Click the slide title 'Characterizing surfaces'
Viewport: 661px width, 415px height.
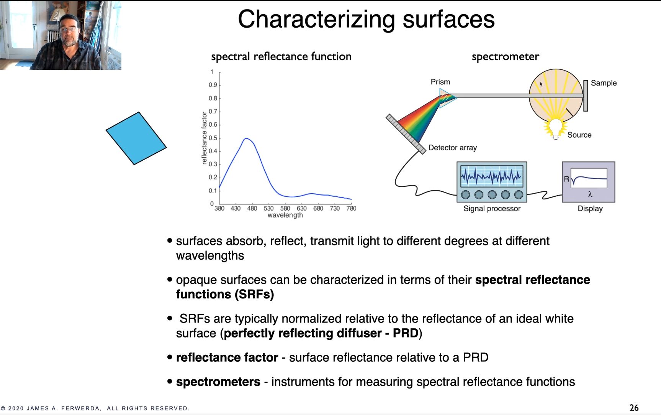point(366,19)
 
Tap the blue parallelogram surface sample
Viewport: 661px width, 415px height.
point(136,138)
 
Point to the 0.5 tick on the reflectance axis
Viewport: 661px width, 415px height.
point(213,138)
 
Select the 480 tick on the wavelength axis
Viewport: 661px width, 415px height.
point(252,208)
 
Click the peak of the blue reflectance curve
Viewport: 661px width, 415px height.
point(246,138)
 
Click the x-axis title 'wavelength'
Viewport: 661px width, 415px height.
point(285,215)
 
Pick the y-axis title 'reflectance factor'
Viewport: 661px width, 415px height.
point(204,138)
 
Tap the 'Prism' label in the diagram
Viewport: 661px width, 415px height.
point(440,82)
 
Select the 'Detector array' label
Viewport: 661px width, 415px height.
point(453,148)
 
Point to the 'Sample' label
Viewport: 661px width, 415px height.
point(604,83)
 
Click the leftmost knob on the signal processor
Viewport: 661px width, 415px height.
point(466,194)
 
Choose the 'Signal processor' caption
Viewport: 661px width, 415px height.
point(492,209)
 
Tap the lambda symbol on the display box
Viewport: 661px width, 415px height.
point(590,194)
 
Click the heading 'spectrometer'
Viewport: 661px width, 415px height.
point(506,57)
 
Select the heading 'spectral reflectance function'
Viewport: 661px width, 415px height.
point(281,57)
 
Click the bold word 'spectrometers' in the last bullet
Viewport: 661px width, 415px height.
point(218,382)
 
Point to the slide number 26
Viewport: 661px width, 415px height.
point(634,408)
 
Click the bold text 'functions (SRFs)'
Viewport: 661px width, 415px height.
point(225,295)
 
